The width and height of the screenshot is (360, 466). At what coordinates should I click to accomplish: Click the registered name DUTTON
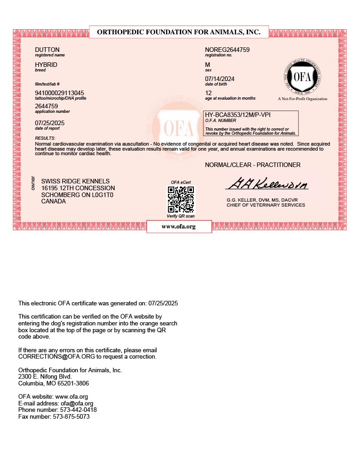point(47,50)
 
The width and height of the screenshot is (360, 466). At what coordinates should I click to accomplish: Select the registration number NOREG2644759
point(228,50)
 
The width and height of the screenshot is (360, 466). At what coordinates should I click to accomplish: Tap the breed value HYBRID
point(46,65)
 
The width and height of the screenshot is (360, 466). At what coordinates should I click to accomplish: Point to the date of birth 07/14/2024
point(220,79)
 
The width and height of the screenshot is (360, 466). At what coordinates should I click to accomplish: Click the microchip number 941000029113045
point(60,93)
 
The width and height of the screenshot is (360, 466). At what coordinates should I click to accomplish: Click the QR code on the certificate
point(181,199)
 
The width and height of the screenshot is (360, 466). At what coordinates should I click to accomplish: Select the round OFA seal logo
point(302,76)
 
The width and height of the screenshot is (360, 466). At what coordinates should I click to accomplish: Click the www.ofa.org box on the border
point(179,227)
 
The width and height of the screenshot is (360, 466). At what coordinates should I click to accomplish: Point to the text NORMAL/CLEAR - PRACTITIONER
point(253,165)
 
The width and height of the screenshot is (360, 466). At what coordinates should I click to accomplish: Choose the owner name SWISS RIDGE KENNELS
point(75,181)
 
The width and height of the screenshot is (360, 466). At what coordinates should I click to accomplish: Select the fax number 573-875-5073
point(71,416)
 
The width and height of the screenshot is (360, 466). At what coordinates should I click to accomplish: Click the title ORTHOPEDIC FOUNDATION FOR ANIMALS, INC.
point(179,32)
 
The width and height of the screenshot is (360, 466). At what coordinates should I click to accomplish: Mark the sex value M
point(208,65)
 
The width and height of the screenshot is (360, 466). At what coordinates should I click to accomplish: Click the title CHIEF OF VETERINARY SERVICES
point(266,205)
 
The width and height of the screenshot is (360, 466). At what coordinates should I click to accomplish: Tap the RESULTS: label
point(45,138)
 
